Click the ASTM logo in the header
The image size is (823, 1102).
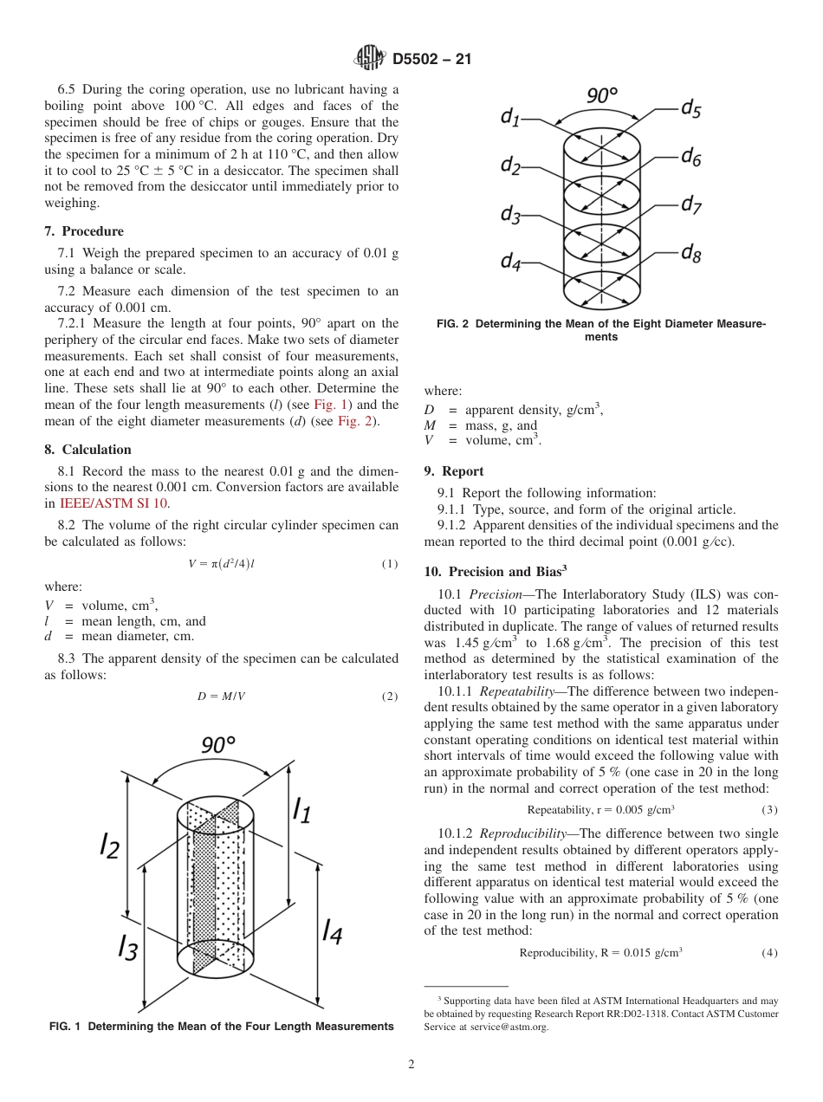[371, 59]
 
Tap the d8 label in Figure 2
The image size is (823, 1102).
[691, 253]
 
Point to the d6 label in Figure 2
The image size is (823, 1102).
[691, 157]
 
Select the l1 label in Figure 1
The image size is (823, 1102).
[301, 809]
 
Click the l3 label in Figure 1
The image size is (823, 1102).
[128, 946]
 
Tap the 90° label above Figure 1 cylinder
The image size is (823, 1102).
[218, 744]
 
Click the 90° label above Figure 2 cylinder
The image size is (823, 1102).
[602, 95]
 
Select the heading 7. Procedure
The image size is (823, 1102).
[84, 231]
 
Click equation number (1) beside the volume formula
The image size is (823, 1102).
[389, 564]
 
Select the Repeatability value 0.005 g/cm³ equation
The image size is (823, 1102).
[600, 810]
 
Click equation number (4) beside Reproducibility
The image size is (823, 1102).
[769, 953]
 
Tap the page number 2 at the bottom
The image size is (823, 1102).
[411, 1065]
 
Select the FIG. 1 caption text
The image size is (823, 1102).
[221, 1027]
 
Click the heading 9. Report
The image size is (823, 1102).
[454, 471]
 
